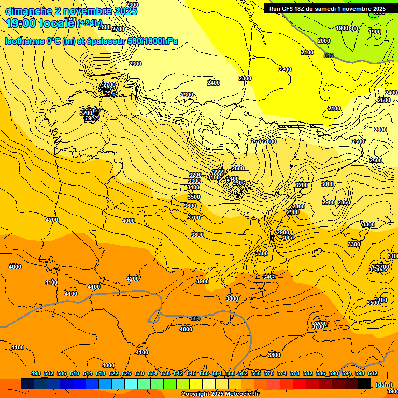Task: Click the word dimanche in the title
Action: [29, 11]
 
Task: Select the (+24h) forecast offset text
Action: [90, 23]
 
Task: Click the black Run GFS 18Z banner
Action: [327, 9]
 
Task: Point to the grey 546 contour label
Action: [328, 55]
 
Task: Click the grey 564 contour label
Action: [195, 318]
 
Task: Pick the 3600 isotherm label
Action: [190, 206]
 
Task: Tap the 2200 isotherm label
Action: [285, 69]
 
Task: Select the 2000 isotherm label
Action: [324, 41]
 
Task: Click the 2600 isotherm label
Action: [380, 130]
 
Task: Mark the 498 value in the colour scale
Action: [36, 374]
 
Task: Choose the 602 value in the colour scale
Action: [373, 374]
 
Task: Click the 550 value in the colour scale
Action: [204, 374]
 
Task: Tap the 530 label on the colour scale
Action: [139, 374]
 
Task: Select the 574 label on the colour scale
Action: [282, 374]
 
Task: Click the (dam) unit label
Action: [383, 384]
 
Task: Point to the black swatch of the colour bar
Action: [364, 383]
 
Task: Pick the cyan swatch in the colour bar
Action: [131, 383]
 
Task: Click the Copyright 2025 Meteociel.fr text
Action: [220, 394]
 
